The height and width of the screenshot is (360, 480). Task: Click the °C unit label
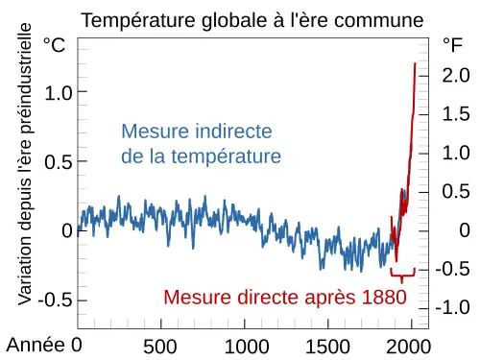point(55,45)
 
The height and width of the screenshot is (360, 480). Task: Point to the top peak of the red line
point(415,63)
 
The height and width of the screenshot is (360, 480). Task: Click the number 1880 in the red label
point(384,297)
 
